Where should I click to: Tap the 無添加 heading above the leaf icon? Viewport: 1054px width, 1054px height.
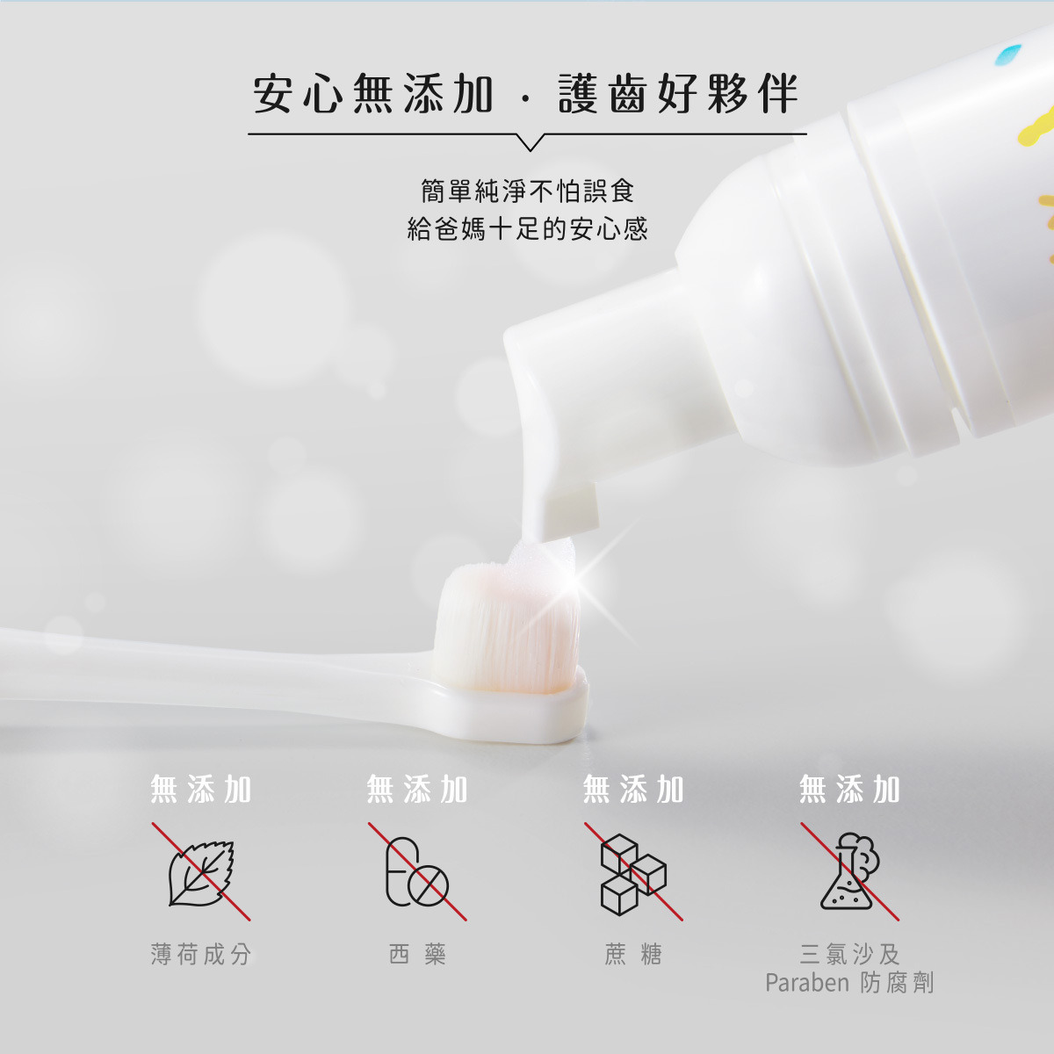[x=201, y=790]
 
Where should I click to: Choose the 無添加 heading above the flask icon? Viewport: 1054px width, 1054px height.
[x=849, y=790]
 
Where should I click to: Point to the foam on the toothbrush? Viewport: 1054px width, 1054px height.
[x=538, y=558]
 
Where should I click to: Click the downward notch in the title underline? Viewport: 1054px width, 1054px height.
[x=530, y=142]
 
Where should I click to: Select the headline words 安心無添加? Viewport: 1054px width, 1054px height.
[x=373, y=93]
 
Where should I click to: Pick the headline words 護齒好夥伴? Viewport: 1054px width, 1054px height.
[x=679, y=93]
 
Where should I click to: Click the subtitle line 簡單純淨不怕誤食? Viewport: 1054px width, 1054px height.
[x=528, y=191]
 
